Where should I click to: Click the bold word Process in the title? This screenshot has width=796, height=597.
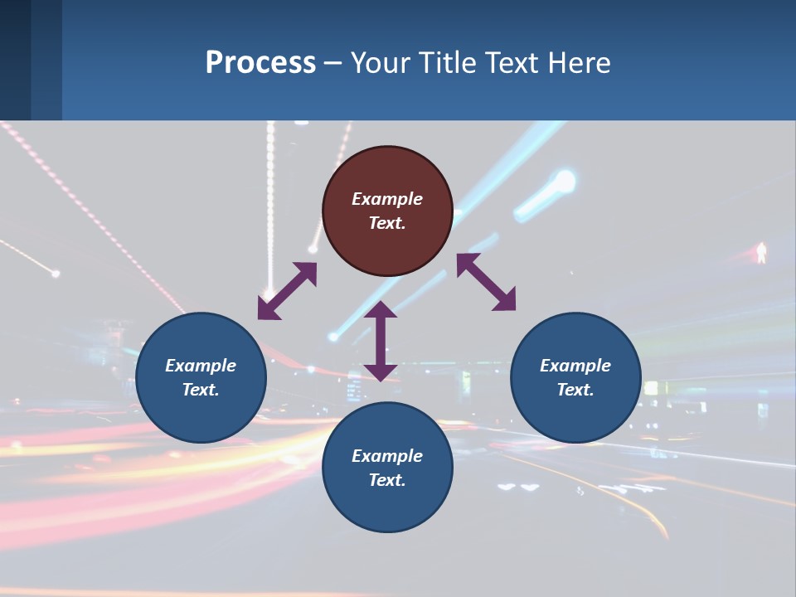click(x=260, y=63)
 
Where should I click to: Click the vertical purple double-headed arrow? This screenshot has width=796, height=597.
click(x=381, y=341)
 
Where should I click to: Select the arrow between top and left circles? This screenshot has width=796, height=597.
click(x=288, y=291)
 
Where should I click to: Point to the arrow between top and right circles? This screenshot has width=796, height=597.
click(x=486, y=282)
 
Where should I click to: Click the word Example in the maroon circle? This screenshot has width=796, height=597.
click(x=387, y=199)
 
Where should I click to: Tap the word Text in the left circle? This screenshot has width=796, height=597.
click(x=201, y=390)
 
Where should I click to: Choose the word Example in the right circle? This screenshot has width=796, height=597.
click(x=575, y=366)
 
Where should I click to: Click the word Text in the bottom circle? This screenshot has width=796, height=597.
click(x=387, y=480)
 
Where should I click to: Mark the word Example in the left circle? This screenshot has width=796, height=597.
click(x=201, y=366)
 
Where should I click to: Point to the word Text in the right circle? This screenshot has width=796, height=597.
click(x=575, y=390)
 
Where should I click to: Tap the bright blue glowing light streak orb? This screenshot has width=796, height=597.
click(x=565, y=181)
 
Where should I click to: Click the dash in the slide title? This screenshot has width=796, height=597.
click(x=333, y=64)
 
